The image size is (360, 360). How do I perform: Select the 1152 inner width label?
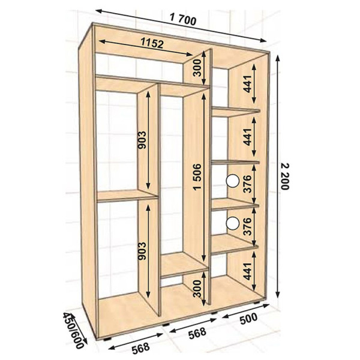pos(152,43)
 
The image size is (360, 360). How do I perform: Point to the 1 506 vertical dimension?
pos(197,177)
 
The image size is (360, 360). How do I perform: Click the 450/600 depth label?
pos(74,330)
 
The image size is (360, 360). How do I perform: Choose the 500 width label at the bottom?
pos(248,319)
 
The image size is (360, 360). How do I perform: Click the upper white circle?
pos(233,181)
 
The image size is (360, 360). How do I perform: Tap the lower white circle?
pos(233,223)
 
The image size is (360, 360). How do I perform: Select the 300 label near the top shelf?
pos(197,68)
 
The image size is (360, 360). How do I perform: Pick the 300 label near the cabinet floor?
pos(197,289)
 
